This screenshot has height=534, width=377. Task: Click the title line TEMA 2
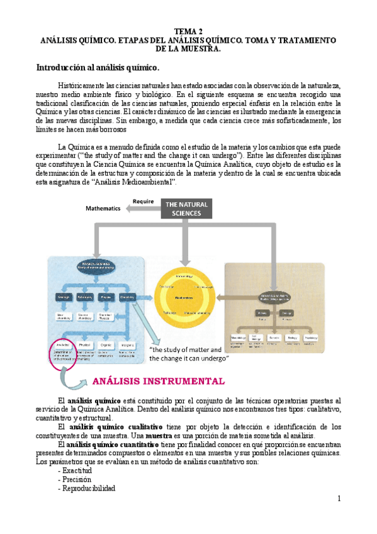pyautogui.click(x=188, y=31)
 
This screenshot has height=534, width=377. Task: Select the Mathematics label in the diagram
pyautogui.click(x=103, y=208)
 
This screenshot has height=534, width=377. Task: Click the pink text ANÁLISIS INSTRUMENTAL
pyautogui.click(x=158, y=381)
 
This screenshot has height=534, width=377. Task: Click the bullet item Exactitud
pyautogui.click(x=74, y=470)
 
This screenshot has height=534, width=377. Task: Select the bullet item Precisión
pyautogui.click(x=75, y=479)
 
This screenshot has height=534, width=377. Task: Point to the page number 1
pyautogui.click(x=338, y=499)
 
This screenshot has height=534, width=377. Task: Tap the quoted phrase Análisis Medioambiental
pyautogui.click(x=134, y=182)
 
